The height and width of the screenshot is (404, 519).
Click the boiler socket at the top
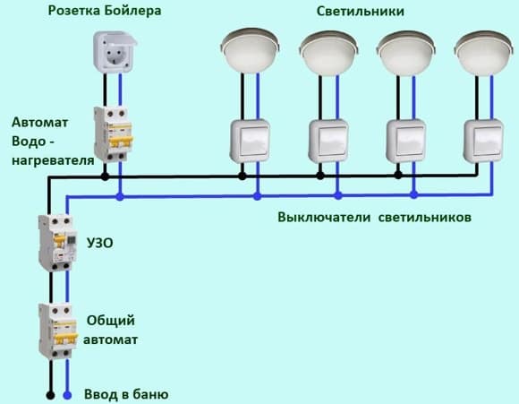115,51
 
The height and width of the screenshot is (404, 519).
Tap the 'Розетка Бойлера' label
105,11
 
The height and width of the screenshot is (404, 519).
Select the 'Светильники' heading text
360,11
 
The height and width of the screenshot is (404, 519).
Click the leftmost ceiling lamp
250,51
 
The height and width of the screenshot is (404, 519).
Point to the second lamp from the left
328,52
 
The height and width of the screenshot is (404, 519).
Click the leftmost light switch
250,142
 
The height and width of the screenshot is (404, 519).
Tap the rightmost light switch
483,142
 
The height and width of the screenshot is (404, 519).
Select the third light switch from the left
406,142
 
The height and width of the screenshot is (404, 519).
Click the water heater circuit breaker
113,134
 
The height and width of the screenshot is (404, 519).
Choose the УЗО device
57,243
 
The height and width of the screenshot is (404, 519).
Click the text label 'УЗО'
99,243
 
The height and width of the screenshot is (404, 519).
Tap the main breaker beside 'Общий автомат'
58,331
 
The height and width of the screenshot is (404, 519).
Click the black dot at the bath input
50,395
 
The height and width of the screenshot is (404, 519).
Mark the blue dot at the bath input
67,395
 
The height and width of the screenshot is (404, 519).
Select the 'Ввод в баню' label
126,394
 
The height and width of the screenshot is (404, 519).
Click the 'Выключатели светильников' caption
374,218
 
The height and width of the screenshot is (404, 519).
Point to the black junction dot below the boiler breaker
105,176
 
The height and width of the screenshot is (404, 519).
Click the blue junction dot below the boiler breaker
120,197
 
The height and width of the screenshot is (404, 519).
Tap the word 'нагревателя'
53,160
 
